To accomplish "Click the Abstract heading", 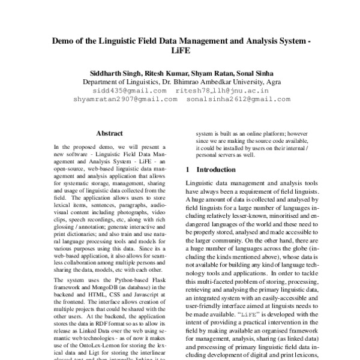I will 110,133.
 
